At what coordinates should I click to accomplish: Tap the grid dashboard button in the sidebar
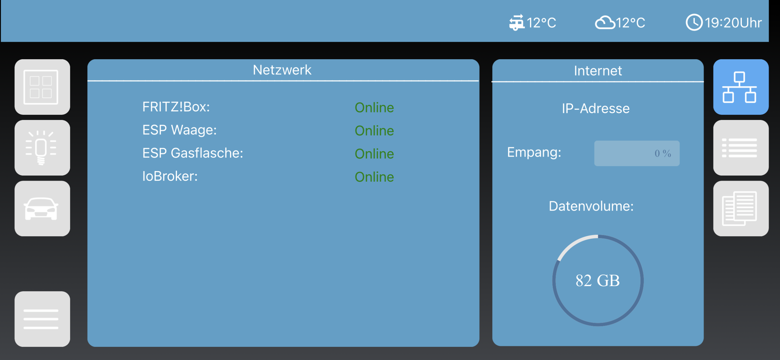coord(42,87)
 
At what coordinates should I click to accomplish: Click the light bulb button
coord(42,148)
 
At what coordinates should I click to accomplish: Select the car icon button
coord(42,209)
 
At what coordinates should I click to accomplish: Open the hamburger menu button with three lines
coord(42,319)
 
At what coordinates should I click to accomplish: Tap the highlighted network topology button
coord(741,87)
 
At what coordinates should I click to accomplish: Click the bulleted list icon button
coord(741,148)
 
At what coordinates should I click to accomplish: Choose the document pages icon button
coord(741,209)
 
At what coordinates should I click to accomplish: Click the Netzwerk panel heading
coord(282,70)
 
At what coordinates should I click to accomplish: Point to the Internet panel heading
coord(598,71)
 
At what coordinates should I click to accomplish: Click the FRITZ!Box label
coord(176,107)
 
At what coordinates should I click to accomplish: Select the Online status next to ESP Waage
coord(374,131)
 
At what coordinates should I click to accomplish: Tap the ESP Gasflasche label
coord(193,153)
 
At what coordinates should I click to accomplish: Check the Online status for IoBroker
coord(374,177)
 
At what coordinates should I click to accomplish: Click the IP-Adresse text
coord(596,108)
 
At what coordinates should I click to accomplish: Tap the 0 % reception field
coord(637,153)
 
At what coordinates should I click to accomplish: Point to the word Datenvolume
coord(591,206)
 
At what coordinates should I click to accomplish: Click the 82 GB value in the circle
coord(598,281)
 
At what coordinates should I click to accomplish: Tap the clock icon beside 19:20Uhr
coord(694,22)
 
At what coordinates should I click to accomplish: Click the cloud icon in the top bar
coord(605,23)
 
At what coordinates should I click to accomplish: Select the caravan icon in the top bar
coord(517,23)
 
